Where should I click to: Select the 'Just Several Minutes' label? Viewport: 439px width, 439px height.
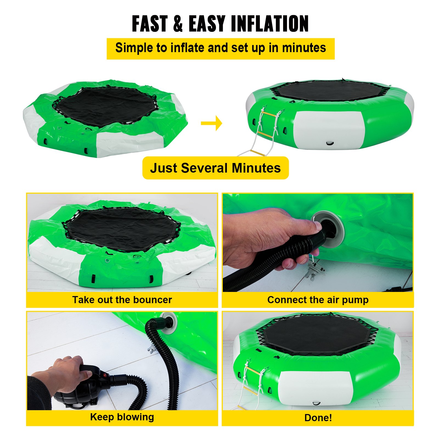pyautogui.click(x=215, y=168)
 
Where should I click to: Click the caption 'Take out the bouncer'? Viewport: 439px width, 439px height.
pyautogui.click(x=122, y=300)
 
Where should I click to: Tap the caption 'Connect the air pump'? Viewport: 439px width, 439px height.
pyautogui.click(x=318, y=300)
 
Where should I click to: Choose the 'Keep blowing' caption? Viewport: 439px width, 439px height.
pyautogui.click(x=122, y=417)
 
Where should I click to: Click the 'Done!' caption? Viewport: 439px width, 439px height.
pyautogui.click(x=318, y=418)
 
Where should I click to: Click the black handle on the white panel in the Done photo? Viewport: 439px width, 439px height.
pyautogui.click(x=316, y=403)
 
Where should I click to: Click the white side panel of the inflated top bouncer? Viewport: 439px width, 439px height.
pyautogui.click(x=329, y=129)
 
